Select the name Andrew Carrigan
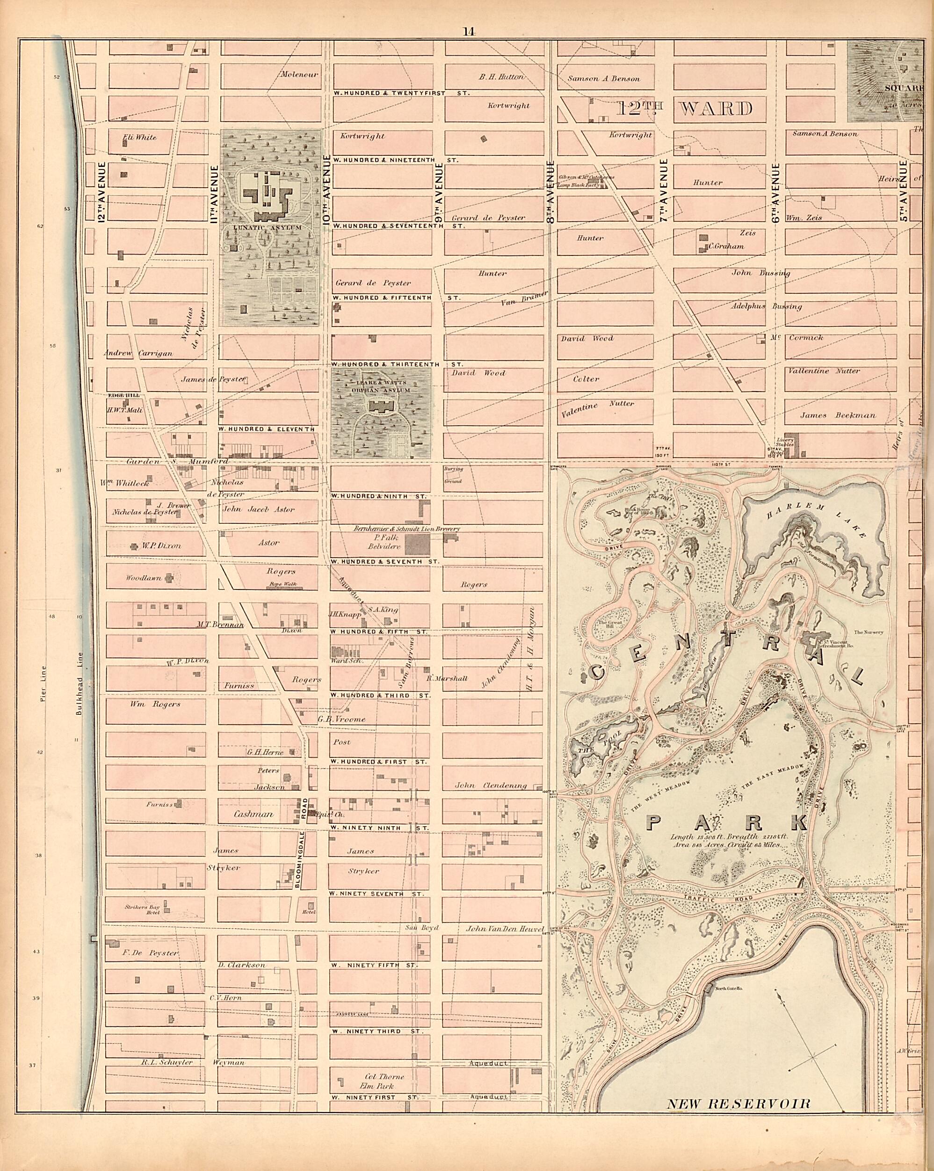tap(138, 353)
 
